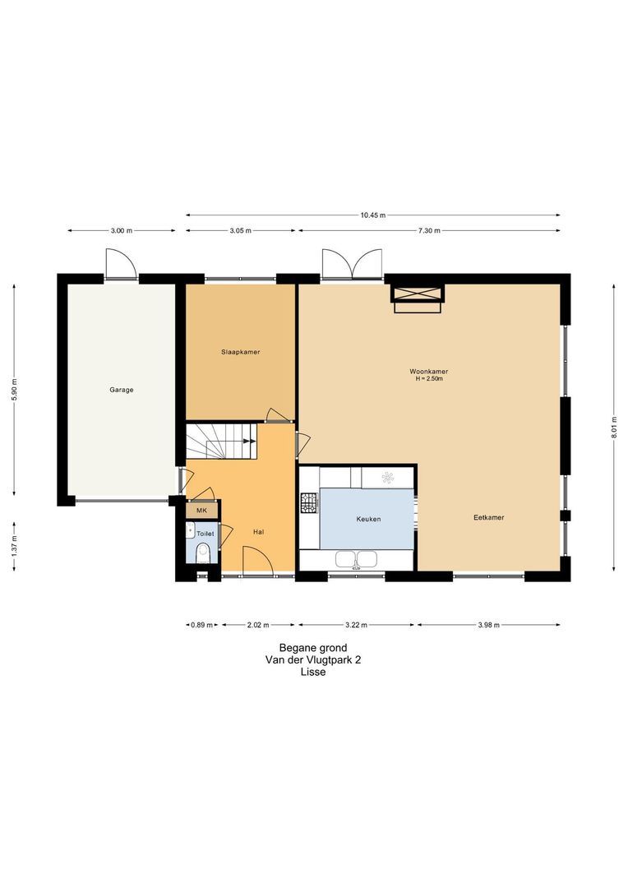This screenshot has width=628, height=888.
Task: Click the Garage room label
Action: (121, 390)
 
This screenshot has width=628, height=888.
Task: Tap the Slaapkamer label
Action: (240, 352)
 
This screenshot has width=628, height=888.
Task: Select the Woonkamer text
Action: (429, 372)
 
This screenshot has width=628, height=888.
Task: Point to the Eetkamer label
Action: (489, 517)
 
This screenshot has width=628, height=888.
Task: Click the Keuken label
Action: (368, 519)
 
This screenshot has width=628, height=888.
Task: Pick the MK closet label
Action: (201, 511)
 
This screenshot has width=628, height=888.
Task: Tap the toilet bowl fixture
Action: (203, 553)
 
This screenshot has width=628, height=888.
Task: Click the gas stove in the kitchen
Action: (309, 502)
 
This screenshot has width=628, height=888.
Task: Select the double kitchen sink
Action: (357, 560)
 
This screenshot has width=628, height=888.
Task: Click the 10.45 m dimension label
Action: (372, 215)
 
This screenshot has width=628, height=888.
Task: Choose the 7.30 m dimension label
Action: (429, 230)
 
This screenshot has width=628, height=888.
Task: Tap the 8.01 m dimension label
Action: (614, 428)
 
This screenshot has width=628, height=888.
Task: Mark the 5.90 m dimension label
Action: (15, 389)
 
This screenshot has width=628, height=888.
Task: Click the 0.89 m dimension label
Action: (202, 625)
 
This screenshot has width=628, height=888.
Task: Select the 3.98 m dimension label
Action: (489, 625)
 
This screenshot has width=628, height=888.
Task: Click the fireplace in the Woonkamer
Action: (418, 298)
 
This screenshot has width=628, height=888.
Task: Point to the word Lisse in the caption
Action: (313, 673)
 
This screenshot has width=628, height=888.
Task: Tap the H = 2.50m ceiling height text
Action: (429, 378)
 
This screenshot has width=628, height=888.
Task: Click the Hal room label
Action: (259, 532)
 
